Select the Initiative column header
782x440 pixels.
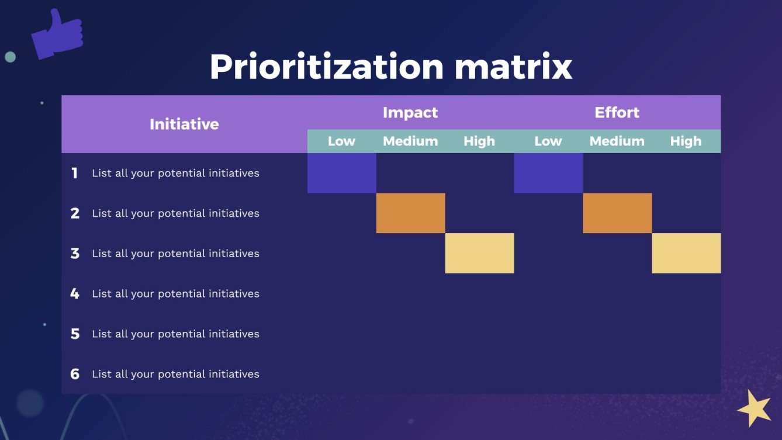click(x=184, y=124)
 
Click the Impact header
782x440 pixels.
click(x=410, y=112)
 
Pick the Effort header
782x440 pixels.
click(x=617, y=112)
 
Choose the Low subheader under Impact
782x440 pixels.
click(x=342, y=141)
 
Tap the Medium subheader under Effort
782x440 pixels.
click(x=617, y=141)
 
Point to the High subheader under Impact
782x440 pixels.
click(x=479, y=141)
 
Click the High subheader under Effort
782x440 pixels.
click(x=686, y=141)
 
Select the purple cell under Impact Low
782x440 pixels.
click(x=342, y=173)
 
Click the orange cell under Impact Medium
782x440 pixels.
click(x=411, y=213)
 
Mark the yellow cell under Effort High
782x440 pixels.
click(x=686, y=253)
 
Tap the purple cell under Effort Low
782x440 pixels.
click(x=548, y=173)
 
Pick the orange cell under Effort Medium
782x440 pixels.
click(x=617, y=213)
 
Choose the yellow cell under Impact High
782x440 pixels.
click(x=480, y=253)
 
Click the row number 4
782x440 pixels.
click(x=75, y=293)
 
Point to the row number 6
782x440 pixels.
click(x=75, y=374)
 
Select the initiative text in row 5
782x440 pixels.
click(x=175, y=334)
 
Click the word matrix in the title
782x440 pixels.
click(x=513, y=67)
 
